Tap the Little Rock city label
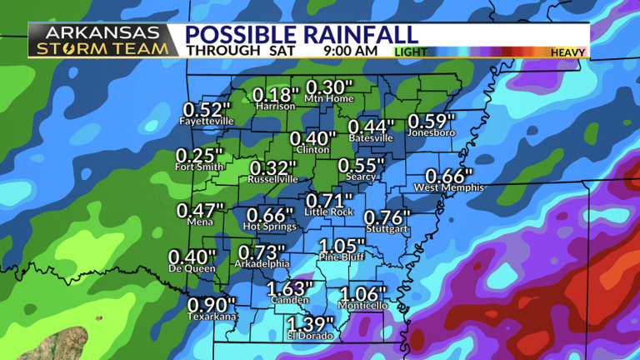pyautogui.click(x=330, y=212)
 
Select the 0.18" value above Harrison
pyautogui.click(x=275, y=95)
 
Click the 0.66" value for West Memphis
pyautogui.click(x=449, y=177)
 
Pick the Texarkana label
pyautogui.click(x=212, y=317)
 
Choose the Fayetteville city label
pyautogui.click(x=207, y=121)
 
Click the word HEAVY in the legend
pyautogui.click(x=568, y=52)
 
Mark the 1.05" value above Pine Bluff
pyautogui.click(x=342, y=247)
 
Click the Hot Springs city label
pyautogui.click(x=269, y=226)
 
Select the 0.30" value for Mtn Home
pyautogui.click(x=330, y=87)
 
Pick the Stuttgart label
pyautogui.click(x=387, y=228)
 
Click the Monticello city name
pyautogui.click(x=362, y=306)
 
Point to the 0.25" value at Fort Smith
pyautogui.click(x=200, y=156)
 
